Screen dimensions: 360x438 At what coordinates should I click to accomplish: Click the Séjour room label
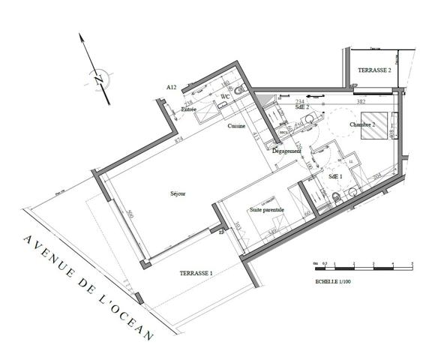tap(178, 193)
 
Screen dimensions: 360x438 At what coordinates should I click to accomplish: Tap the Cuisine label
tap(237, 126)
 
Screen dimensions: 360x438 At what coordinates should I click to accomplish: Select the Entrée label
tap(190, 110)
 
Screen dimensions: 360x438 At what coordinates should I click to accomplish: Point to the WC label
tap(224, 97)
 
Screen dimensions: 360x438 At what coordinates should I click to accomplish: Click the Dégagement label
tap(287, 151)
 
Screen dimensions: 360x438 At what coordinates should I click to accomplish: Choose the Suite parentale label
tap(267, 211)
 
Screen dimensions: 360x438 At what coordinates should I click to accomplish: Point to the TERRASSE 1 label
tap(196, 274)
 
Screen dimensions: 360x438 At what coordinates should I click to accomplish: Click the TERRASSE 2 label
tap(375, 70)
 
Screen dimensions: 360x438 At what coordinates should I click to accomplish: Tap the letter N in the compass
tap(97, 77)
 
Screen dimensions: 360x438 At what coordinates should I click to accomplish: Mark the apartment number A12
tap(171, 88)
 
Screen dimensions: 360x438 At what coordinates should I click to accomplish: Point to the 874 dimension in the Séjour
tap(178, 140)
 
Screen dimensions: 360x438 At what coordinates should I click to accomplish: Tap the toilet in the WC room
tap(239, 90)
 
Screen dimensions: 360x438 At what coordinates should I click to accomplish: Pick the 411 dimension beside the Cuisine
tap(256, 136)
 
